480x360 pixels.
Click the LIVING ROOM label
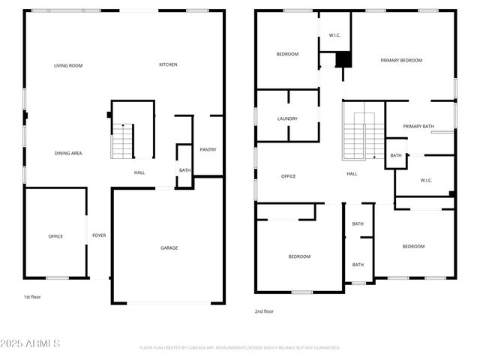click(67, 66)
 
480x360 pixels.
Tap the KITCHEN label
click(168, 64)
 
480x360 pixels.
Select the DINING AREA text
click(67, 154)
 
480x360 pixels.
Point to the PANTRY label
click(208, 149)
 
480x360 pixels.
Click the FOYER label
click(99, 235)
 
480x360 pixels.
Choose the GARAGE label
click(169, 247)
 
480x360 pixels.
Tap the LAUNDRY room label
click(287, 118)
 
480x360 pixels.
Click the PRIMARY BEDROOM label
click(400, 60)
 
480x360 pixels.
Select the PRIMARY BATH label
click(418, 126)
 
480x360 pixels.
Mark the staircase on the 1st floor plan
click(122, 142)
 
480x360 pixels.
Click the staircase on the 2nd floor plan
click(364, 139)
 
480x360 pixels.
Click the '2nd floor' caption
click(263, 310)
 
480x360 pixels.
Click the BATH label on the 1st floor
click(184, 170)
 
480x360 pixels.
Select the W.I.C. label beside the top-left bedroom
click(335, 35)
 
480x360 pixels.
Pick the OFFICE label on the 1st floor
click(55, 236)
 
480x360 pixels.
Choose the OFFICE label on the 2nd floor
click(288, 176)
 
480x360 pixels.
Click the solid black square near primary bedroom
click(343, 58)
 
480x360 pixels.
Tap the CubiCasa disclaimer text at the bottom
click(240, 348)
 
